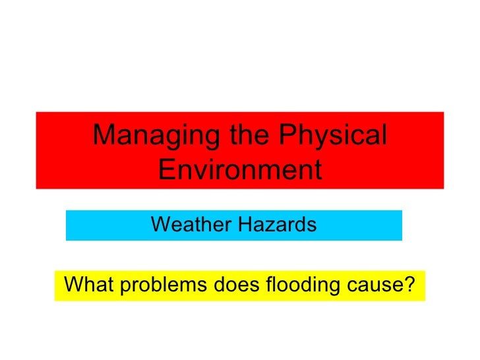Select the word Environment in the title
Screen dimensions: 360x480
pyautogui.click(x=240, y=171)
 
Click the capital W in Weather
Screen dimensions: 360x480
pyautogui.click(x=159, y=225)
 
